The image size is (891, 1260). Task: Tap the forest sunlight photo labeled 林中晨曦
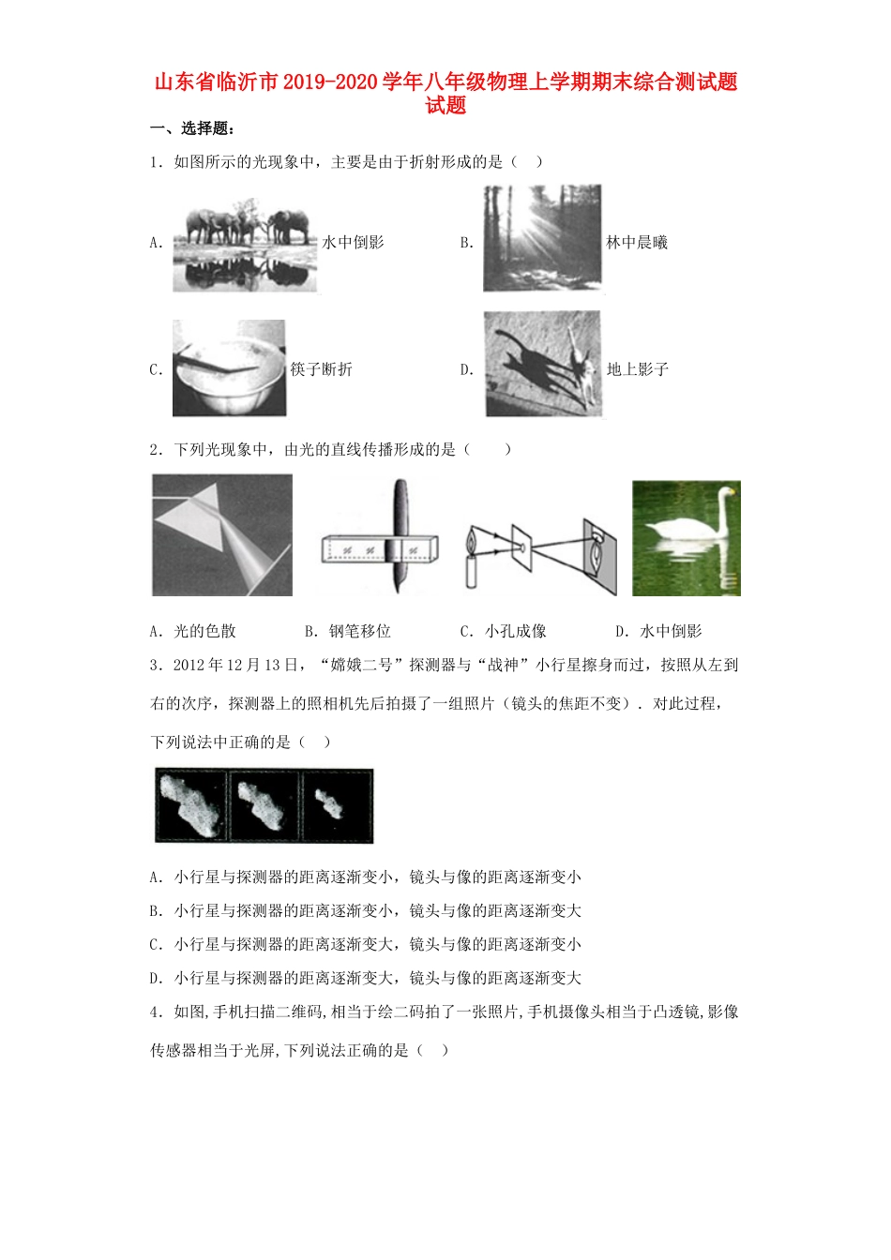(x=541, y=238)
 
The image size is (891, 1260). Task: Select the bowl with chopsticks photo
(x=229, y=368)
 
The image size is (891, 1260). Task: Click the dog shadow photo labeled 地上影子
(x=542, y=364)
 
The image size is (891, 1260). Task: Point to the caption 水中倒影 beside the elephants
(x=354, y=243)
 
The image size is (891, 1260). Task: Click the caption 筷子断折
(x=321, y=369)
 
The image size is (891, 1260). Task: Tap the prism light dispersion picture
(x=222, y=535)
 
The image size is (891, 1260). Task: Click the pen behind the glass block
(x=402, y=534)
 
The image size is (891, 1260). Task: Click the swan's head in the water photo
(x=723, y=491)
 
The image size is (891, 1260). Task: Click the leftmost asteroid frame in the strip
(x=191, y=805)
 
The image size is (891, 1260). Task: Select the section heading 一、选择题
(x=192, y=129)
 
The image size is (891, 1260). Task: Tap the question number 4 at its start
(x=155, y=1012)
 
